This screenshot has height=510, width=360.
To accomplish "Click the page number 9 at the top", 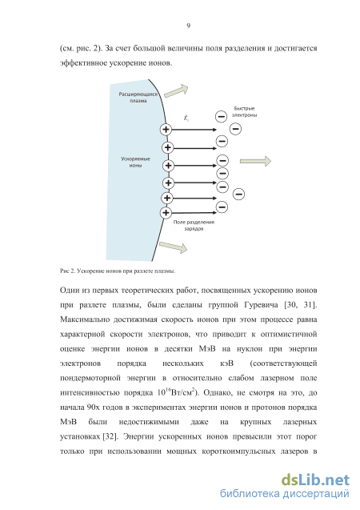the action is tap(189, 26).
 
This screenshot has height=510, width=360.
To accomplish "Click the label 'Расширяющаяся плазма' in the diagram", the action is tap(138, 97).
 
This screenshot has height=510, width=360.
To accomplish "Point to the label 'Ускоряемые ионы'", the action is tap(135, 162).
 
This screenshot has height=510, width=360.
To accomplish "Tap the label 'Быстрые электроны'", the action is tap(244, 111).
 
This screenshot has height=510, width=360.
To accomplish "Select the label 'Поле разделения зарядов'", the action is tap(194, 226).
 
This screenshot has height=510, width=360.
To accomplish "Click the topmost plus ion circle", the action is tap(166, 130).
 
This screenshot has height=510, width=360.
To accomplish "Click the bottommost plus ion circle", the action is tap(166, 213).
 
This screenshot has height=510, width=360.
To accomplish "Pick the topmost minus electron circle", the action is tap(222, 116).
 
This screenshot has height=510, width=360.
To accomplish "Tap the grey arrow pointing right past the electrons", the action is tap(255, 161).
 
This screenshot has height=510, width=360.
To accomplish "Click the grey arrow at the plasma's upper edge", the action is tap(177, 90).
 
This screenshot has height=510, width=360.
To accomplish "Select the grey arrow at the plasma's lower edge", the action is tap(173, 247).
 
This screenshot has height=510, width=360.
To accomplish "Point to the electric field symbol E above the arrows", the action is tap(186, 118).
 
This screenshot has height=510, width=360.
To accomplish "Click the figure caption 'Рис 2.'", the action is tap(67, 271).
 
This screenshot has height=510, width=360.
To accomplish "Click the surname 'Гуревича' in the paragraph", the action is tap(261, 305).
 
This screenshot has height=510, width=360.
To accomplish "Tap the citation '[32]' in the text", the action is tap(110, 436).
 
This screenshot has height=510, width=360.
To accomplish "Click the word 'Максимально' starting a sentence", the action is tap(85, 319).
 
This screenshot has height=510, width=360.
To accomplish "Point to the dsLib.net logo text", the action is tap(315, 480).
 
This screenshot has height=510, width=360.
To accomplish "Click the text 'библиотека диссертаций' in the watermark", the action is tap(285, 493).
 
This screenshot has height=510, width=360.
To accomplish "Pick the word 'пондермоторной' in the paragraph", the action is tap(90, 378).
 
